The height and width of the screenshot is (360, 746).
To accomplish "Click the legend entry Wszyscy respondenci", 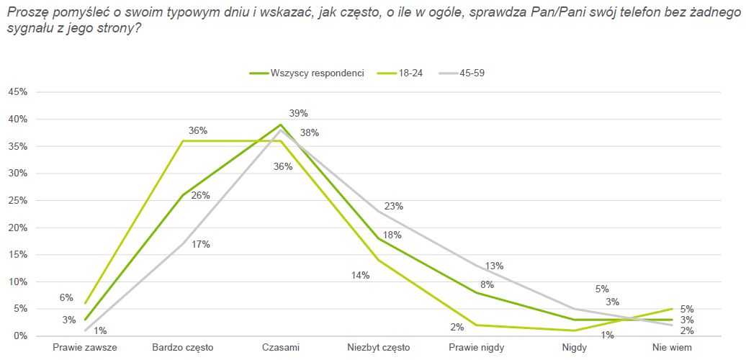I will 317,73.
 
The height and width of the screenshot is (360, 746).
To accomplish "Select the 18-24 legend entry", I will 410,73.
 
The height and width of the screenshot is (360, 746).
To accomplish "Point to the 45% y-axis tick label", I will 18,92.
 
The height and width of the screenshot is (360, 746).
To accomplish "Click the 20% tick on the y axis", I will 18,228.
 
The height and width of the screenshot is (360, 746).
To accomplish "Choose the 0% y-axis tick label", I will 21,336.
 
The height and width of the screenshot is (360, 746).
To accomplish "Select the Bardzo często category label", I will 183,348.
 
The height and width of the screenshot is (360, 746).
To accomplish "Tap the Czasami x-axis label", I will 281,348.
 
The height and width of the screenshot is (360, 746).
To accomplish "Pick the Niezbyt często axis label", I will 379,348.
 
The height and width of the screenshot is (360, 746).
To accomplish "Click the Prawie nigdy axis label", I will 477,348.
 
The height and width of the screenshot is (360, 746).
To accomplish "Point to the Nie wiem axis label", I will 672,348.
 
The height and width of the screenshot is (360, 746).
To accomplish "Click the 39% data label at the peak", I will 298,113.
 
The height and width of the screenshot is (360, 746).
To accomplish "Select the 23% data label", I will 394,206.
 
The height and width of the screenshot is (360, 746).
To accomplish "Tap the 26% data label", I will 200,195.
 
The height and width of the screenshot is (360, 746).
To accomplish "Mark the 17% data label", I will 201,244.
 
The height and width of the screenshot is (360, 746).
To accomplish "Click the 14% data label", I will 360,275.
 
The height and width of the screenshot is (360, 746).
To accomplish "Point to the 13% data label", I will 494,266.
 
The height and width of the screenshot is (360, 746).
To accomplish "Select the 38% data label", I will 310,132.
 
